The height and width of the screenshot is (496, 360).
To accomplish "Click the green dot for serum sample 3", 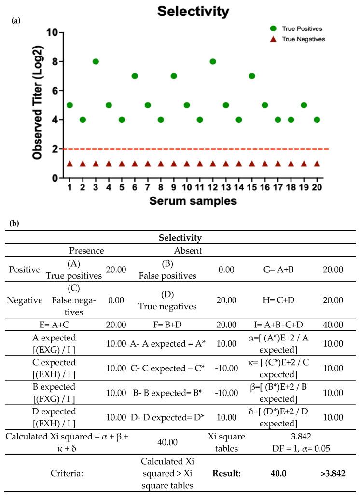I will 96,61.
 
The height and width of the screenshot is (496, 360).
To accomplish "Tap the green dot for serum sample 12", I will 213,61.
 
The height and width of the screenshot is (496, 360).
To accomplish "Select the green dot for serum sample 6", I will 135,76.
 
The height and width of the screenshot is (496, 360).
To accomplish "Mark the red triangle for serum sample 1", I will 69,163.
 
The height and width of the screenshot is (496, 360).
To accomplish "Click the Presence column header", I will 86,251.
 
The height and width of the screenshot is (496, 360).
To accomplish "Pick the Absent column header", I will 188,251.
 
